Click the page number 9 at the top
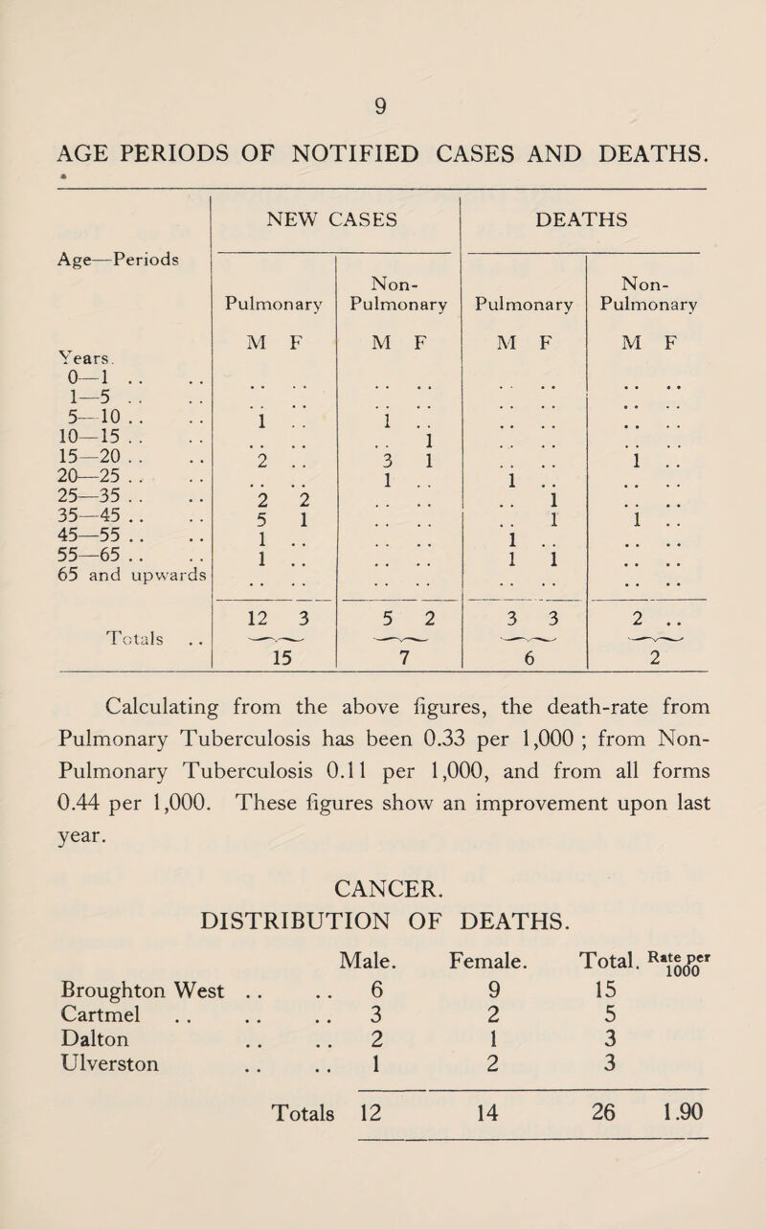pyautogui.click(x=381, y=98)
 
